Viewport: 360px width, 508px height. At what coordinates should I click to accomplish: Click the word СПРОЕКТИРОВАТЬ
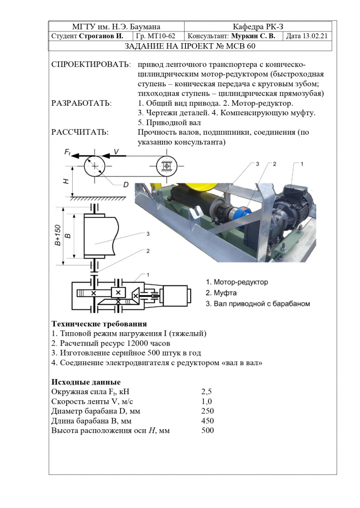(91, 65)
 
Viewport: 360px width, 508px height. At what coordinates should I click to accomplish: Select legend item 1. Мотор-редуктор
(237, 281)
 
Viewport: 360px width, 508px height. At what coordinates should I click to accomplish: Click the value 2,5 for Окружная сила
(206, 392)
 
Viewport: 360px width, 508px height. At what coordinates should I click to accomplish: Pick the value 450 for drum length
(208, 421)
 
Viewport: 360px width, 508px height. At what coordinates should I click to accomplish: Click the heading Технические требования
(100, 324)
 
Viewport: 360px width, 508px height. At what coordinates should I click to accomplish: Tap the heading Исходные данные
(86, 382)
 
